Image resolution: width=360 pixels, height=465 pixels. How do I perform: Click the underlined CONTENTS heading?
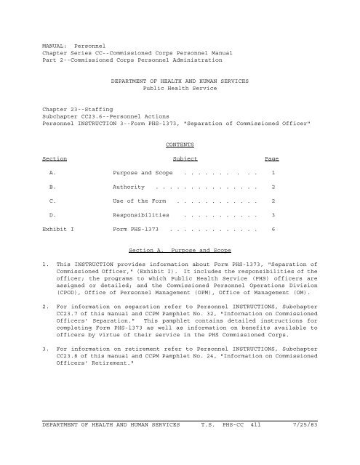coord(180,145)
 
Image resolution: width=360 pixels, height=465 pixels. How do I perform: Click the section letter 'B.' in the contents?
coord(52,187)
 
